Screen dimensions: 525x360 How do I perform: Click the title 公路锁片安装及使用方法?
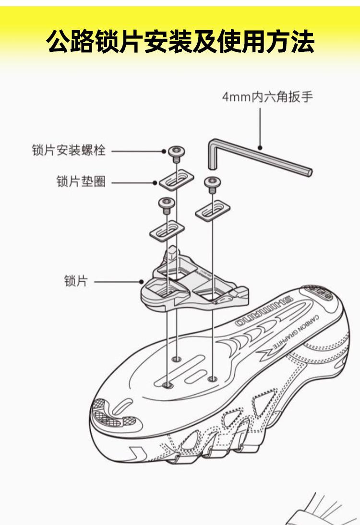click(180, 41)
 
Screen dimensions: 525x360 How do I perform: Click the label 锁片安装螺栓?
click(68, 151)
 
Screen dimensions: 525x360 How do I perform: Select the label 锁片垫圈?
click(81, 182)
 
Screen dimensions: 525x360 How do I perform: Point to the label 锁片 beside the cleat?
click(76, 281)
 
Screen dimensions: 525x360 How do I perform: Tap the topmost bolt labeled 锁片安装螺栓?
click(176, 152)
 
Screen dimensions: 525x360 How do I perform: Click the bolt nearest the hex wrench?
click(212, 181)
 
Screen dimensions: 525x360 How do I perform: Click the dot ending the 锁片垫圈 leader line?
click(155, 182)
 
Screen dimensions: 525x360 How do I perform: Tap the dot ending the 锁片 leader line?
click(142, 282)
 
